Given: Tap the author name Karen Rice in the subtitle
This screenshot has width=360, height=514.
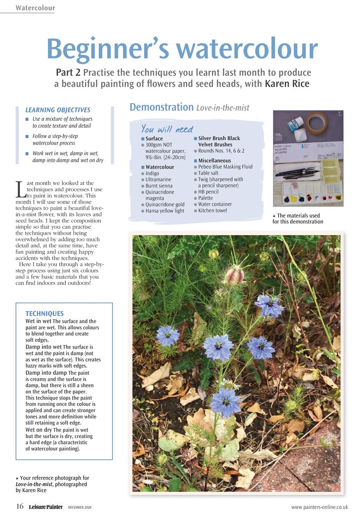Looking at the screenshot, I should tap(287, 84).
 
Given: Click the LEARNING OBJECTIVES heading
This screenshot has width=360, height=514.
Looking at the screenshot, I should tap(58, 110).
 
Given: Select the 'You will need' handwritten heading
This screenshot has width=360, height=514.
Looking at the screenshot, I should tap(167, 129).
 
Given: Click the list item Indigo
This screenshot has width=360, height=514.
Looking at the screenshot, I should tap(153, 173).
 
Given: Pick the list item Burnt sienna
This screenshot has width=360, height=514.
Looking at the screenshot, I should tap(159, 186).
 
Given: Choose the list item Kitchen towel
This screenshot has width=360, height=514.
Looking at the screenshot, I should tap(212, 210).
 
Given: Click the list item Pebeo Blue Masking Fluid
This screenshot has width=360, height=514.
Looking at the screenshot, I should tap(225, 167).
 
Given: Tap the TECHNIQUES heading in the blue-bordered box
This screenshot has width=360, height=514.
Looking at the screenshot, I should tap(45, 314).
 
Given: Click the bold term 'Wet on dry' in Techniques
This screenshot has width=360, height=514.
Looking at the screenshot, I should tap(39, 430).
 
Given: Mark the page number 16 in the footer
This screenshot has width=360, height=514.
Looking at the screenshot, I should tap(20, 507).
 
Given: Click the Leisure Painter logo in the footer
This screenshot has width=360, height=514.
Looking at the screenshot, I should tap(46, 507).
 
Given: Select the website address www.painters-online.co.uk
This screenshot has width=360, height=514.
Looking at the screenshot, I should tap(319, 507).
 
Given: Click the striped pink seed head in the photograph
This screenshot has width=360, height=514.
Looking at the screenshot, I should tap(234, 275).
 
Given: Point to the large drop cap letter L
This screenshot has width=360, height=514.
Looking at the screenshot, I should tap(20, 189).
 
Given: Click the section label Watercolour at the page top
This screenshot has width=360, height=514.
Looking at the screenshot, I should tap(35, 8).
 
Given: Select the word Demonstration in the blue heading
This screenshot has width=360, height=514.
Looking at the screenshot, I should tap(161, 107).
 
